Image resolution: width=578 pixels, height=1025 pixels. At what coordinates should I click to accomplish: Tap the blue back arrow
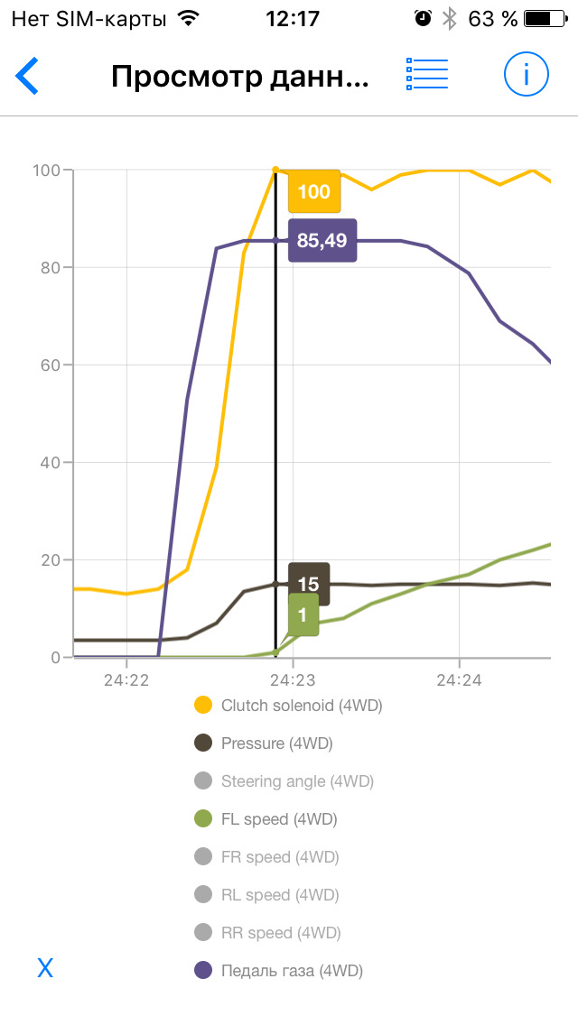(x=28, y=76)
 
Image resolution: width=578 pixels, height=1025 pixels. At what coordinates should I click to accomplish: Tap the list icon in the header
(x=427, y=75)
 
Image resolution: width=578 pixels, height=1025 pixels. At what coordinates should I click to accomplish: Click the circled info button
(x=527, y=75)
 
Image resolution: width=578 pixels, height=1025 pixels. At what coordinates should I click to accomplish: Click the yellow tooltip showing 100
(x=314, y=191)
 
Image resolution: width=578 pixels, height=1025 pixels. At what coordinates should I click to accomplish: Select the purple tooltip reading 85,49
(x=322, y=240)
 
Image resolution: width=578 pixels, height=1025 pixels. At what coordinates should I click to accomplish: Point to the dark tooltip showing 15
(x=309, y=584)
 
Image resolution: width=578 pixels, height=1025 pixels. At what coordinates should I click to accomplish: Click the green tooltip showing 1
(x=303, y=614)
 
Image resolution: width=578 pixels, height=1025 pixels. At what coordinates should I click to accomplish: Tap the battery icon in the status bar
(x=548, y=18)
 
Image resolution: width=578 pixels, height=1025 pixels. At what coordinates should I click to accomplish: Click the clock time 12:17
(x=292, y=18)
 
